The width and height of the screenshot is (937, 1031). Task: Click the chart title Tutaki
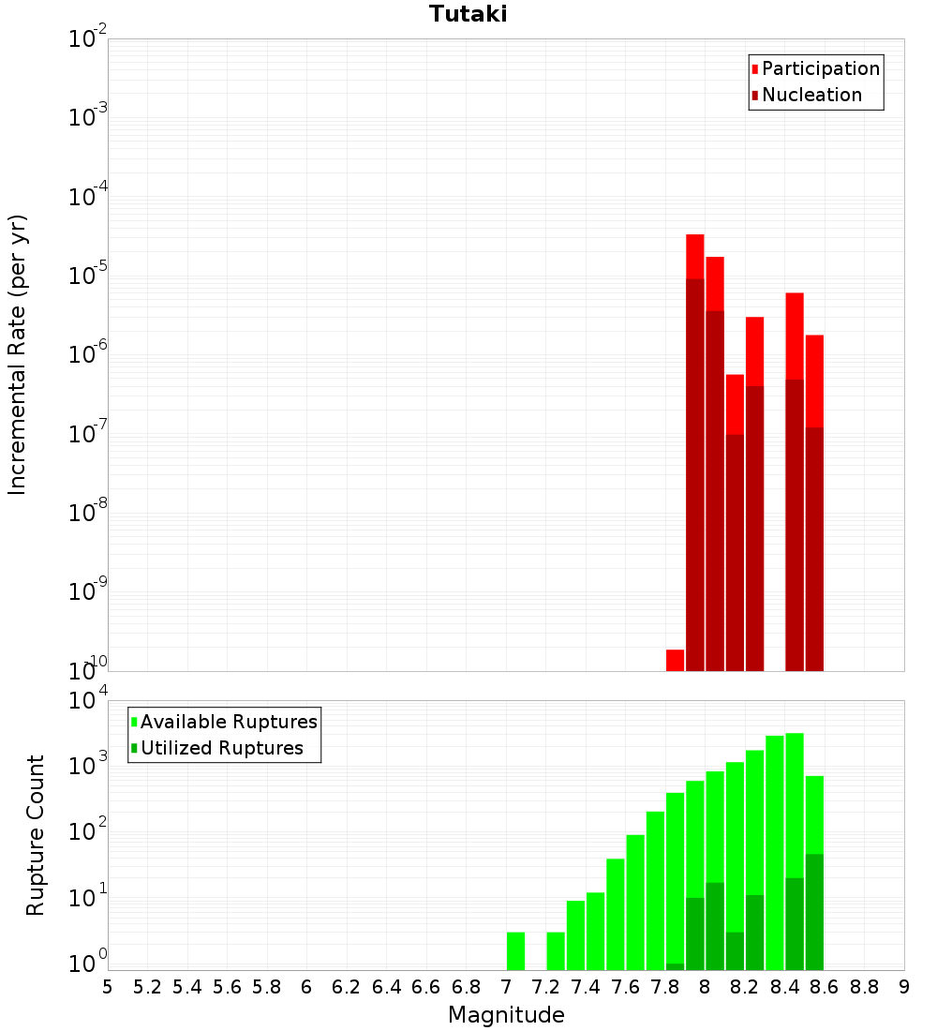click(468, 14)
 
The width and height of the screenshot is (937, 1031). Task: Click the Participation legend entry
click(820, 68)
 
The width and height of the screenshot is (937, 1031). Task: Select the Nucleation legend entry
click(811, 95)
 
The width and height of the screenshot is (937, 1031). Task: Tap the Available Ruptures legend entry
click(228, 722)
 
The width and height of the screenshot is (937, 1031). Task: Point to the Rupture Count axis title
click(36, 834)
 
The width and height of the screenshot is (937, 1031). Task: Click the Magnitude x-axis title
click(506, 1015)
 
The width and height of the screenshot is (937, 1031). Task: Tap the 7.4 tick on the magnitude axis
click(586, 987)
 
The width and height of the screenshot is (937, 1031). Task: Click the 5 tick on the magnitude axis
click(108, 987)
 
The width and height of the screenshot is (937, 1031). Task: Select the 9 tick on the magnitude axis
click(904, 987)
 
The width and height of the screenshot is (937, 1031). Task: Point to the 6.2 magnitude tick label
click(347, 987)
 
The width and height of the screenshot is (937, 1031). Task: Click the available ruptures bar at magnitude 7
click(515, 950)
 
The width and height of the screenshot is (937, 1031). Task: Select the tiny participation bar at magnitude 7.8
click(675, 660)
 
